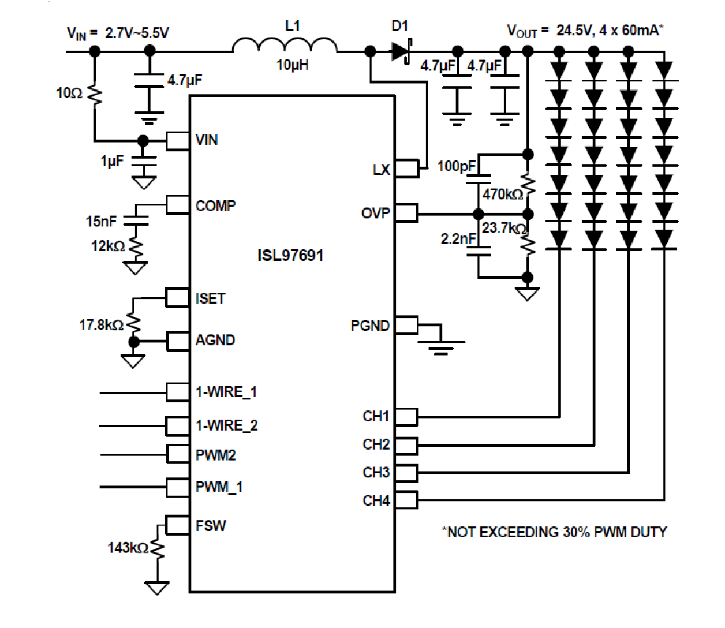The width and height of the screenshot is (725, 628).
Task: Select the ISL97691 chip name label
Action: click(x=290, y=255)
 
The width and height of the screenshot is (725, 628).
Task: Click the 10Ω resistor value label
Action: click(x=69, y=93)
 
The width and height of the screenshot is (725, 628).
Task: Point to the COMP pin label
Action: click(x=215, y=206)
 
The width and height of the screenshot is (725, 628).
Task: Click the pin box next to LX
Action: click(x=406, y=169)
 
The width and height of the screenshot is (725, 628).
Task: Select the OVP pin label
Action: click(x=375, y=213)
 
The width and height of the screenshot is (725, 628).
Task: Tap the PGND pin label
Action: click(x=369, y=326)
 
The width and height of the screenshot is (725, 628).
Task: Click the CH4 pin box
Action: click(x=406, y=500)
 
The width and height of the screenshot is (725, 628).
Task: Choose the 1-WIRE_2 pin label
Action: click(x=226, y=425)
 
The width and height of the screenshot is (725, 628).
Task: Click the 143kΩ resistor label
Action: click(x=128, y=547)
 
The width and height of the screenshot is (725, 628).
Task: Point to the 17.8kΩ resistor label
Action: click(x=101, y=325)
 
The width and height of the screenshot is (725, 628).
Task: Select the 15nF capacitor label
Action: click(x=101, y=221)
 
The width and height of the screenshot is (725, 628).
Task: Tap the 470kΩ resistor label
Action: click(x=503, y=195)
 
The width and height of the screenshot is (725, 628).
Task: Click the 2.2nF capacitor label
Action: click(x=458, y=238)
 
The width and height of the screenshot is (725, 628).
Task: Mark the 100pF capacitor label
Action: click(x=456, y=166)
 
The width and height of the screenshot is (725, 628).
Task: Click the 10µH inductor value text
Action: click(x=292, y=65)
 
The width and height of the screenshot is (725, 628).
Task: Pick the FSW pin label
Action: click(x=210, y=526)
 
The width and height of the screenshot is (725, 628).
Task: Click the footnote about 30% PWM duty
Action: click(x=554, y=532)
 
